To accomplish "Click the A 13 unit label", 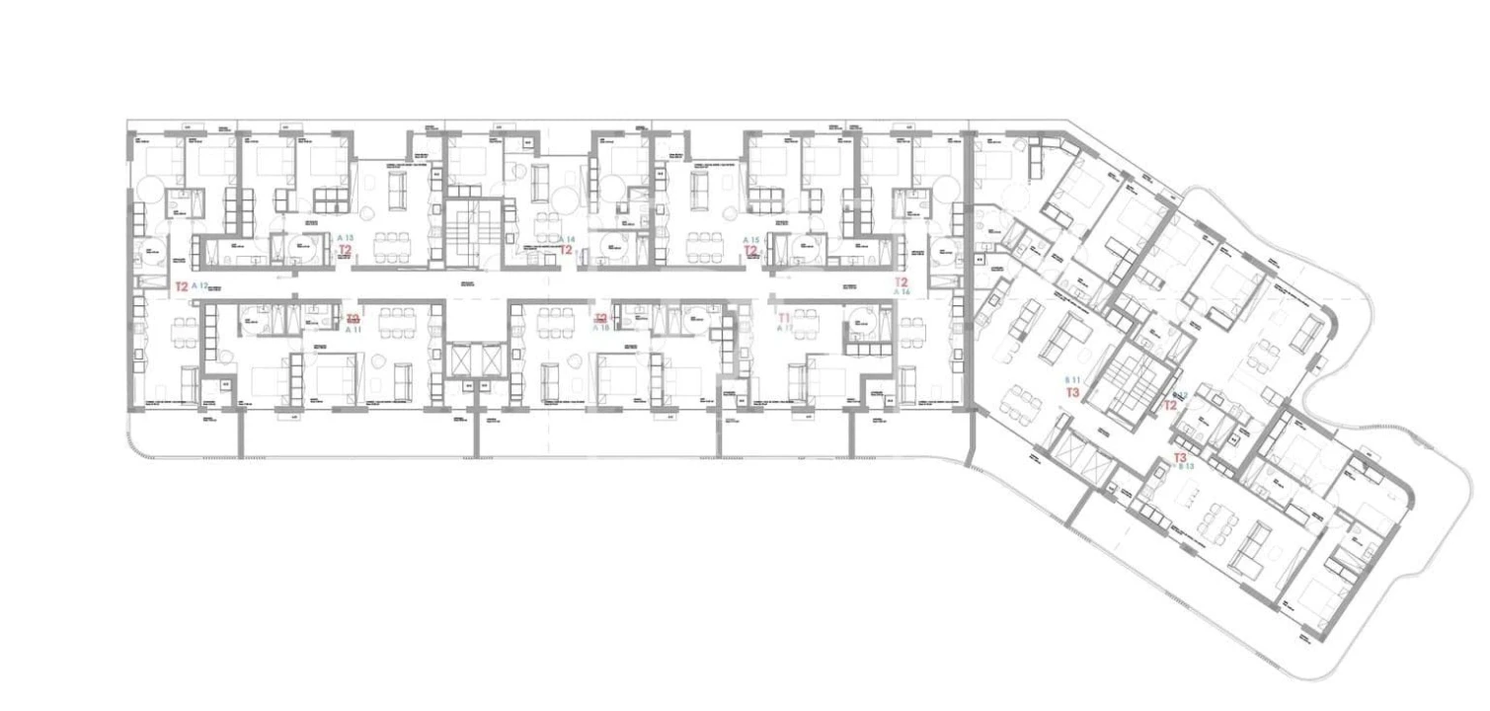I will tap(345, 238).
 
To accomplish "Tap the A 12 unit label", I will tap(199, 286).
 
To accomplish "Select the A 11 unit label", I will tap(353, 330).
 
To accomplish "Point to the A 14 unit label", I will tap(566, 239).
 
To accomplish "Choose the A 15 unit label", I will tap(750, 240).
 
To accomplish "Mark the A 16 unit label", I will tap(902, 292).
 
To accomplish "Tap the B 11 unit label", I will tap(1073, 380).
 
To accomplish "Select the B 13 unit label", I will tap(1186, 467).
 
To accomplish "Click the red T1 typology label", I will tap(785, 318).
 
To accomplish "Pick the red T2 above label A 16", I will tap(902, 281).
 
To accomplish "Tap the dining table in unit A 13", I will tap(395, 242).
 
